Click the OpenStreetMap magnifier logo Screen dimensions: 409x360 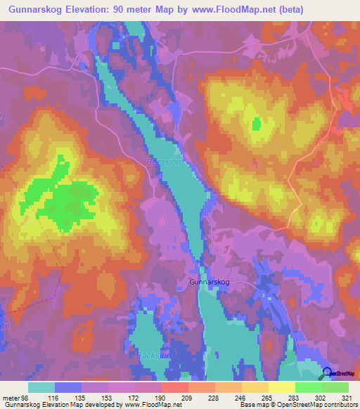tap(328, 375)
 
